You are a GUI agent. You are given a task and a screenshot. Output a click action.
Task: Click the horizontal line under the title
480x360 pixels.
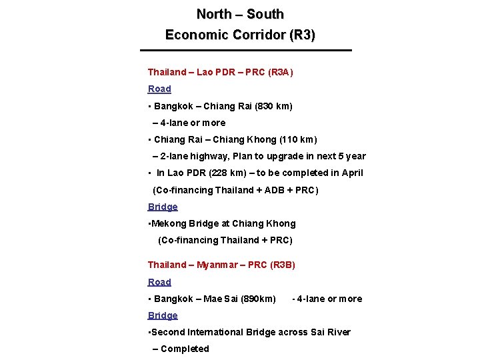tap(245, 51)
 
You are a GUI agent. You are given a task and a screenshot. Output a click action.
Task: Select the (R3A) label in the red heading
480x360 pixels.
tap(280, 72)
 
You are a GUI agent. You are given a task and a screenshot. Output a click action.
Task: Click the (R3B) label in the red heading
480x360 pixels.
tap(283, 265)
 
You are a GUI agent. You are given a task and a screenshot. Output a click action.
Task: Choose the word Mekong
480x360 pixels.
tap(169, 223)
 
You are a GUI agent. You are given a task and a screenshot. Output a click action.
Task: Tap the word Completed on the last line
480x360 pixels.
tap(185, 349)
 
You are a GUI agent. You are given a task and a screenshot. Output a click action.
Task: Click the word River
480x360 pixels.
tap(337, 332)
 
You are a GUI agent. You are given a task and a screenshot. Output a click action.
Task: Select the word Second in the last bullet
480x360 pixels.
tap(168, 332)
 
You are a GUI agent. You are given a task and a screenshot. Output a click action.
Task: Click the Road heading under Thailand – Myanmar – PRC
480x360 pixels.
tap(159, 282)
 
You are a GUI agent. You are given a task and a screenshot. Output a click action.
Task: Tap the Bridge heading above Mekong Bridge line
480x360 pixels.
tap(163, 207)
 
